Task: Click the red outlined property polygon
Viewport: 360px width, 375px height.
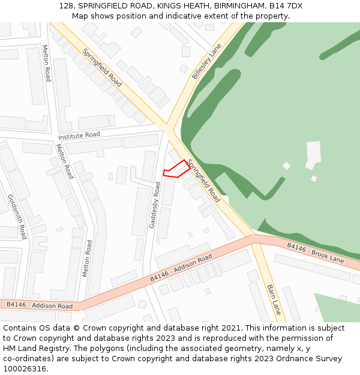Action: (x=177, y=170)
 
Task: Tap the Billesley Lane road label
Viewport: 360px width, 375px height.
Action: (x=207, y=62)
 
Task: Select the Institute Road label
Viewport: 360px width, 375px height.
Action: (x=80, y=136)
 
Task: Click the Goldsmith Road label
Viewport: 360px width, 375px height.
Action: (x=17, y=216)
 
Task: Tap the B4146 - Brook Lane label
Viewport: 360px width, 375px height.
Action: (x=315, y=253)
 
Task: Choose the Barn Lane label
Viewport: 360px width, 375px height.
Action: (x=274, y=299)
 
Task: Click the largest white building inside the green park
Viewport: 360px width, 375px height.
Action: (x=313, y=154)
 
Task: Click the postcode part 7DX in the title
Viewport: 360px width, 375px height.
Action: (x=293, y=6)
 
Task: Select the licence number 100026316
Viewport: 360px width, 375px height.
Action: (x=25, y=369)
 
